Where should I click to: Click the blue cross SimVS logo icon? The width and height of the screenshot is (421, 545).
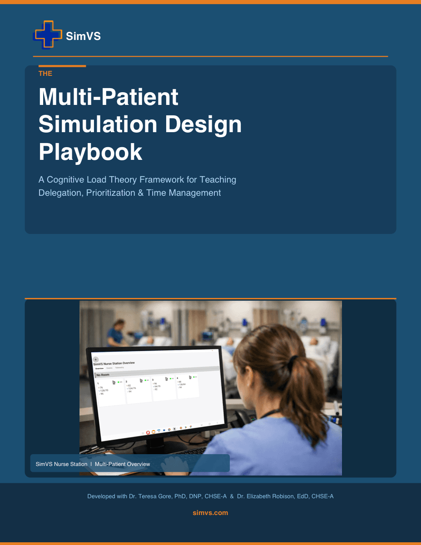(x=47, y=35)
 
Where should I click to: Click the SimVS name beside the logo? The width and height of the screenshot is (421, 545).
(x=83, y=36)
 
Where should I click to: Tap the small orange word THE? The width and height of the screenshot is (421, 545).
(x=45, y=74)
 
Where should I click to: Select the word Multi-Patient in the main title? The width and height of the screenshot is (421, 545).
(x=109, y=97)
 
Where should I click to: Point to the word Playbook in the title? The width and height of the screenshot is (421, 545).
(x=90, y=152)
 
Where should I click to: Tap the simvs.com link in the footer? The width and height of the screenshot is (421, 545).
(x=210, y=513)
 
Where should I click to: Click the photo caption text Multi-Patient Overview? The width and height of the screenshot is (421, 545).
(x=122, y=464)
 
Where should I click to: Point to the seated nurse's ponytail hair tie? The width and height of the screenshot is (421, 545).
(x=294, y=361)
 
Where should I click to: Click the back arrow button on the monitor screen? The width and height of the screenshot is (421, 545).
(x=96, y=359)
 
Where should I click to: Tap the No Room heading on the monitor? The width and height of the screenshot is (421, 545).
(x=103, y=375)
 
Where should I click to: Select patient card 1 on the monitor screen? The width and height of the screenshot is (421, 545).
(x=111, y=391)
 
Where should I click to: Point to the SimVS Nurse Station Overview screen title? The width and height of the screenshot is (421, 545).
(x=114, y=363)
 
